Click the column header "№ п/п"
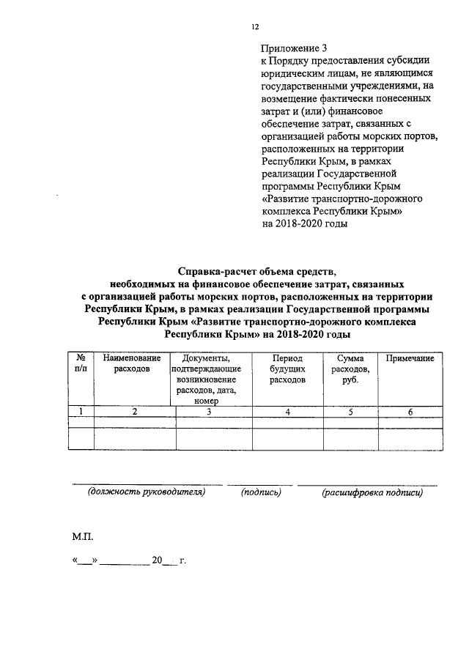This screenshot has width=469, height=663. click(x=80, y=363)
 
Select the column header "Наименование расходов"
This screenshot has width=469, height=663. click(x=132, y=363)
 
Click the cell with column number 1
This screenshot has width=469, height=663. click(x=80, y=412)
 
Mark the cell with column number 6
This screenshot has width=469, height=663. click(x=410, y=412)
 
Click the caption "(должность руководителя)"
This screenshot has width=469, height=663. click(x=145, y=492)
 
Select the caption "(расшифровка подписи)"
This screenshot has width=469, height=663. click(x=372, y=492)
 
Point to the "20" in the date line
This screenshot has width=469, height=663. click(x=156, y=562)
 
